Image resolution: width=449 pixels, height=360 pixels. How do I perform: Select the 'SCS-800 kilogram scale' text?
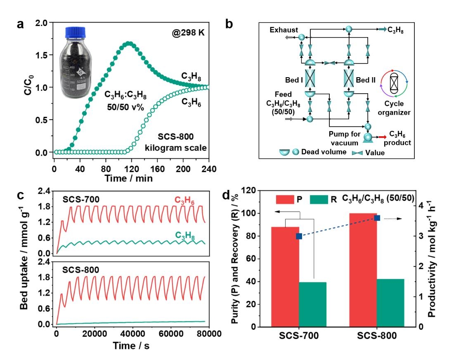click(x=182, y=141)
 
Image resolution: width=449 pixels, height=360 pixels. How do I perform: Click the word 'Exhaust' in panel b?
click(x=283, y=30)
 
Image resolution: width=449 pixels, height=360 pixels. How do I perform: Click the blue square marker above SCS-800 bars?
click(x=377, y=218)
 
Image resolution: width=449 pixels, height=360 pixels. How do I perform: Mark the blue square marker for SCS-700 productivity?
click(x=299, y=236)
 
